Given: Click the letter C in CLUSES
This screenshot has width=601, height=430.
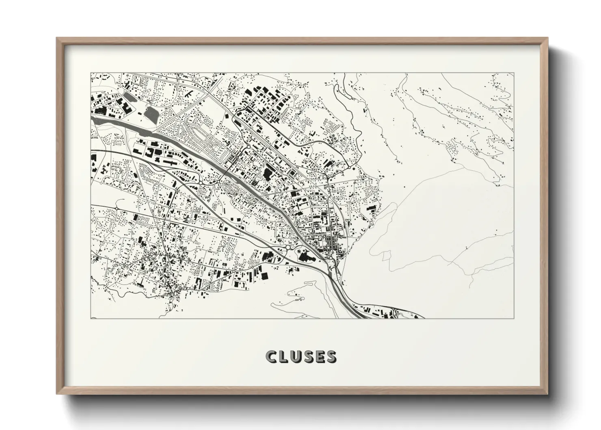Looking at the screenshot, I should point(271,356).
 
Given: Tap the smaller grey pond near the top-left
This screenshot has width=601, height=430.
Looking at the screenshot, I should point(130,97).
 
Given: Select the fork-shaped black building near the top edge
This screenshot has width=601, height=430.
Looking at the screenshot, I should point(189,94).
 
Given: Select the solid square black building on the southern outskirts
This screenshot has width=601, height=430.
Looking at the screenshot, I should point(264,276).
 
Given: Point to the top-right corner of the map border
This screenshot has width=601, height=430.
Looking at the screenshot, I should point(514,73).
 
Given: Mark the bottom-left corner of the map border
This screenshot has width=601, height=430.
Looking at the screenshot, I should point(91,318).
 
